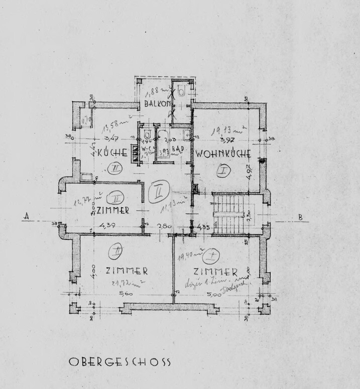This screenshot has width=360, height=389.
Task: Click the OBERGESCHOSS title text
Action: (119, 361)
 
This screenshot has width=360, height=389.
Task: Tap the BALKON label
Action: (157, 104)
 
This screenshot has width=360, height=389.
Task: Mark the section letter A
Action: (25, 217)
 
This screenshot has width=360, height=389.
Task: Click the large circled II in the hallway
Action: (159, 191)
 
